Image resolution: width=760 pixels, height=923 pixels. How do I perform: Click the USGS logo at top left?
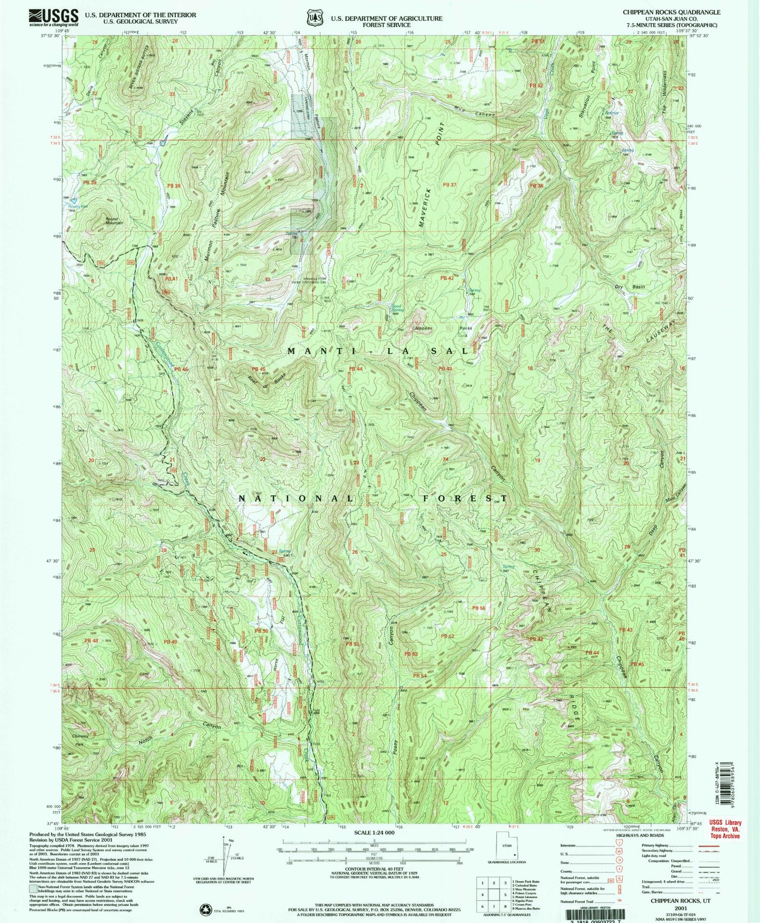pyautogui.click(x=54, y=17)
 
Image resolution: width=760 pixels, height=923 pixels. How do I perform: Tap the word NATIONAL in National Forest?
pyautogui.click(x=296, y=498)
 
